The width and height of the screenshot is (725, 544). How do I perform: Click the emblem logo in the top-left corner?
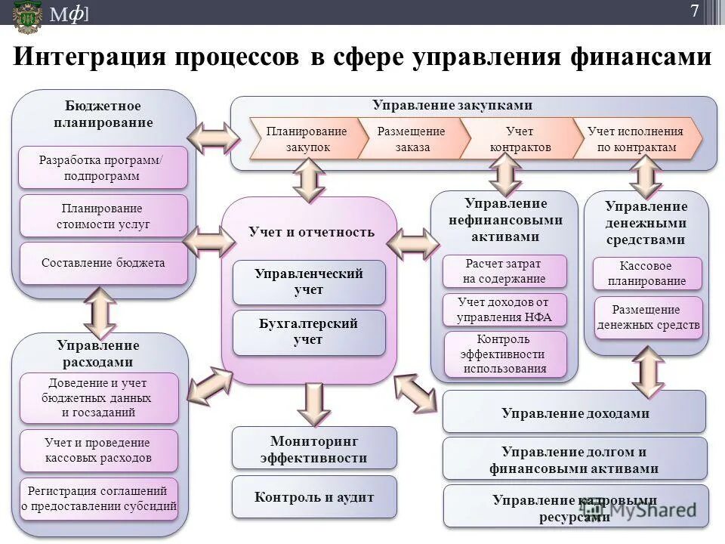pyautogui.click(x=26, y=15)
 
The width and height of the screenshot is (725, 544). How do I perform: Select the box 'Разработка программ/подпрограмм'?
pyautogui.click(x=103, y=168)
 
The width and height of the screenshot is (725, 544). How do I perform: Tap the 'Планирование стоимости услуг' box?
pyautogui.click(x=103, y=216)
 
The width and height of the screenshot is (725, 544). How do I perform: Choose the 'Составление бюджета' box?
pyautogui.click(x=103, y=264)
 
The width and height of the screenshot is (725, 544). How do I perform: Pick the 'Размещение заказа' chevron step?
pyautogui.click(x=411, y=139)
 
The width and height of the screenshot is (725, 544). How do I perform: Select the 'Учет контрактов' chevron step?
pyautogui.click(x=520, y=139)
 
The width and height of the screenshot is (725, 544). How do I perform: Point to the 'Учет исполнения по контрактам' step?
pyautogui.click(x=636, y=139)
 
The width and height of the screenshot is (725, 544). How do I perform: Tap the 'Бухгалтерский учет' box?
pyautogui.click(x=309, y=332)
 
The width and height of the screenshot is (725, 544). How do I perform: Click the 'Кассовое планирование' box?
pyautogui.click(x=647, y=274)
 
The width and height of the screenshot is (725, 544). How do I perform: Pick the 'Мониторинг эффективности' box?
pyautogui.click(x=314, y=448)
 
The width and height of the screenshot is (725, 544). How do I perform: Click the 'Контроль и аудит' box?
pyautogui.click(x=314, y=497)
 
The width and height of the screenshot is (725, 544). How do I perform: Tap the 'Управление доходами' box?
pyautogui.click(x=574, y=413)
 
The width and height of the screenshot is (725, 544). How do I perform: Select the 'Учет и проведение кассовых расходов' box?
pyautogui.click(x=98, y=450)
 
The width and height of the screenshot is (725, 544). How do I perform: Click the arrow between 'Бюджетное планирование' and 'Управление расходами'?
pyautogui.click(x=100, y=311)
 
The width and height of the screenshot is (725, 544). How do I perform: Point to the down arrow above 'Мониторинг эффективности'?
pyautogui.click(x=313, y=402)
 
